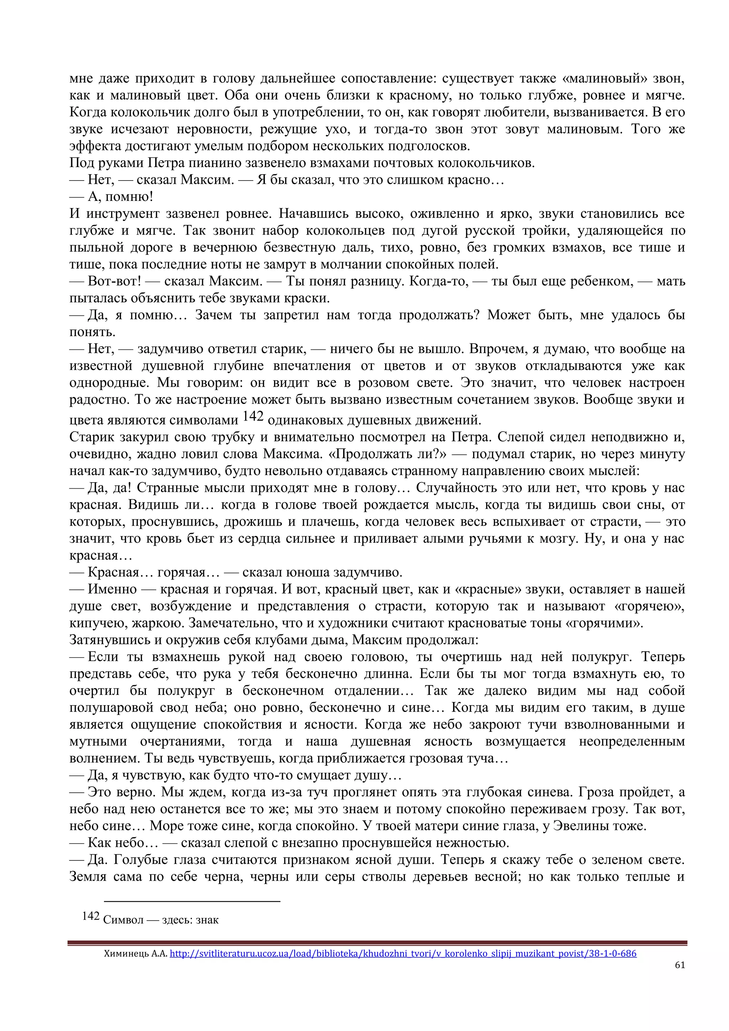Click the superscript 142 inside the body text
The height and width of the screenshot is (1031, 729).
click(x=253, y=416)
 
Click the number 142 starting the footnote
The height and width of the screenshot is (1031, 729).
click(x=91, y=916)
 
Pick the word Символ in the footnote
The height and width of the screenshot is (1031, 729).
click(x=124, y=920)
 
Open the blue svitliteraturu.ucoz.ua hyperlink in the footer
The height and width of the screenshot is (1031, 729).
click(x=403, y=966)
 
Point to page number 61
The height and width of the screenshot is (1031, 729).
click(x=680, y=978)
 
